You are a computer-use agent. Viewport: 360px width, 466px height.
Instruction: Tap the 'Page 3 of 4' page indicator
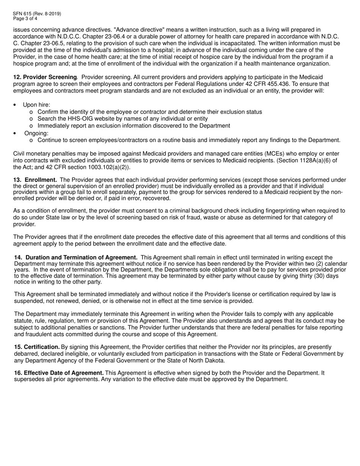(25, 18)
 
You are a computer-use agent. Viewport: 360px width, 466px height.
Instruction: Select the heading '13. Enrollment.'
(35, 180)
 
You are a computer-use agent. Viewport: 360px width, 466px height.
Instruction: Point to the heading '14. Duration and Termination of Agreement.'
(76, 258)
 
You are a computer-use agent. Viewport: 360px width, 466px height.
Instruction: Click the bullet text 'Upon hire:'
(36, 105)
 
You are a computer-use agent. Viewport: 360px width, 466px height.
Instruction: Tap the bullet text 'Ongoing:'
(36, 133)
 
